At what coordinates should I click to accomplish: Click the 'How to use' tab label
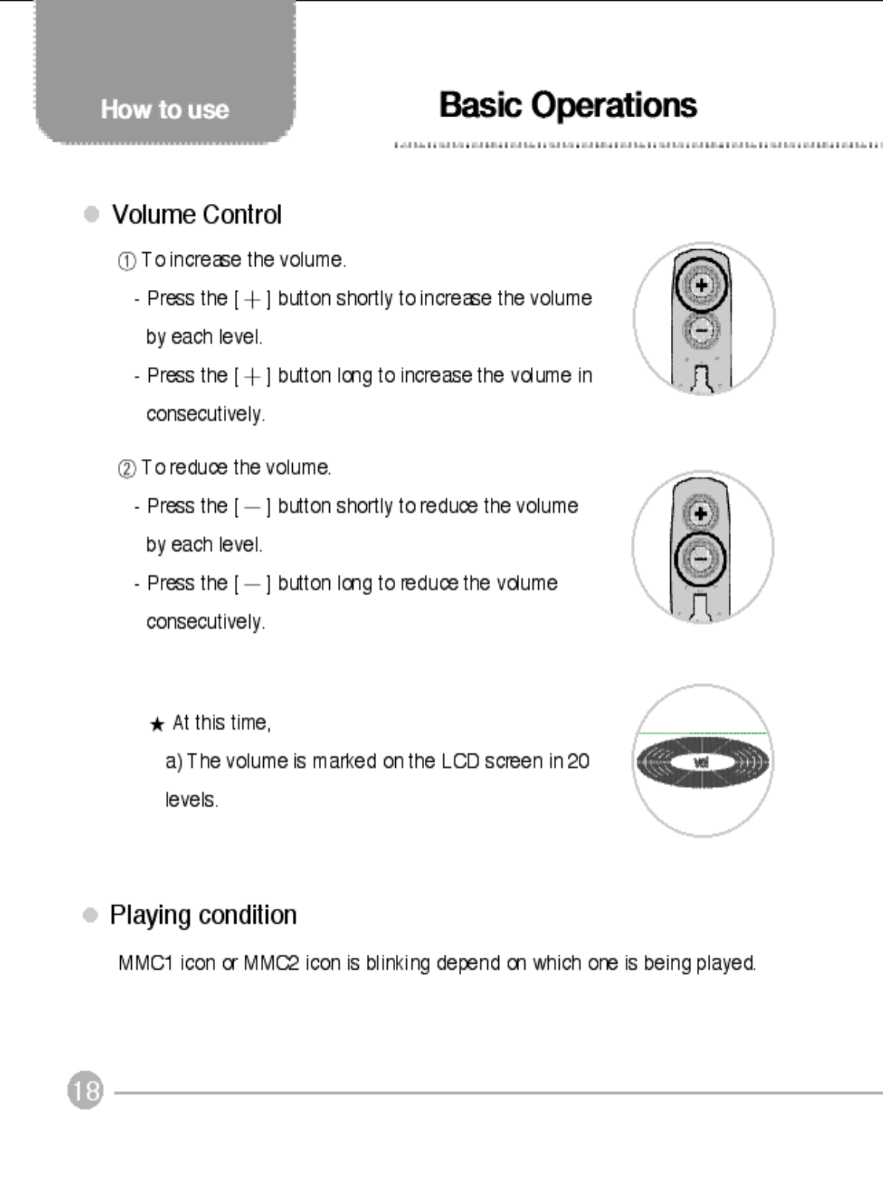tap(165, 110)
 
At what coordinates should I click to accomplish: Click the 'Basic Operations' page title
tap(567, 105)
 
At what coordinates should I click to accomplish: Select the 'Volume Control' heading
tap(196, 215)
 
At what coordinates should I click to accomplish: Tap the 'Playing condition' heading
tap(203, 915)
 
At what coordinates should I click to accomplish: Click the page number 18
tap(85, 1091)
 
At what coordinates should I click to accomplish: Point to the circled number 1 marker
tap(127, 261)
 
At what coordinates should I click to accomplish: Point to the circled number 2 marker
tap(127, 469)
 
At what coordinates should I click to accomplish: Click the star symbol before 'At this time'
tap(156, 724)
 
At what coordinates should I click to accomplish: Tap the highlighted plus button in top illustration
tap(701, 285)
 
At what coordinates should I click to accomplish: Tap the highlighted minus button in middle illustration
tap(701, 558)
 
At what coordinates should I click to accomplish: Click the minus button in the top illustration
tap(701, 329)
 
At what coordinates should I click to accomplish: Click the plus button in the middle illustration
tap(701, 513)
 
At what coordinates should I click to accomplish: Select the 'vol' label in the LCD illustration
tap(701, 762)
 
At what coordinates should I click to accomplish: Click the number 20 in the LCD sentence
tap(578, 761)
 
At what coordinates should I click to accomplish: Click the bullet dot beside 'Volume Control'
tap(92, 214)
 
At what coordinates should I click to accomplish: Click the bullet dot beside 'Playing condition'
tap(90, 915)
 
